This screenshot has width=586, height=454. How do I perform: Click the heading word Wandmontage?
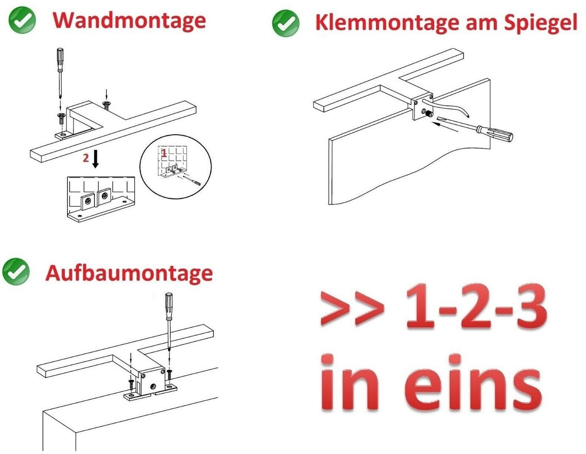(129, 21)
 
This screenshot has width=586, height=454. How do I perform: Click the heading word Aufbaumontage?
(129, 273)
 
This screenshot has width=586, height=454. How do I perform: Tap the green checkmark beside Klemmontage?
(286, 23)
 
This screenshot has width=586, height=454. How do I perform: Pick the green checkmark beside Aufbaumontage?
(16, 271)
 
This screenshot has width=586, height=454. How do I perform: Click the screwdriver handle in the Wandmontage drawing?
(60, 60)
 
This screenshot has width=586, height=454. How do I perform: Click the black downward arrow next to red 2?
(96, 158)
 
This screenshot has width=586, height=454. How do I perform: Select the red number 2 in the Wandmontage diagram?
(86, 158)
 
